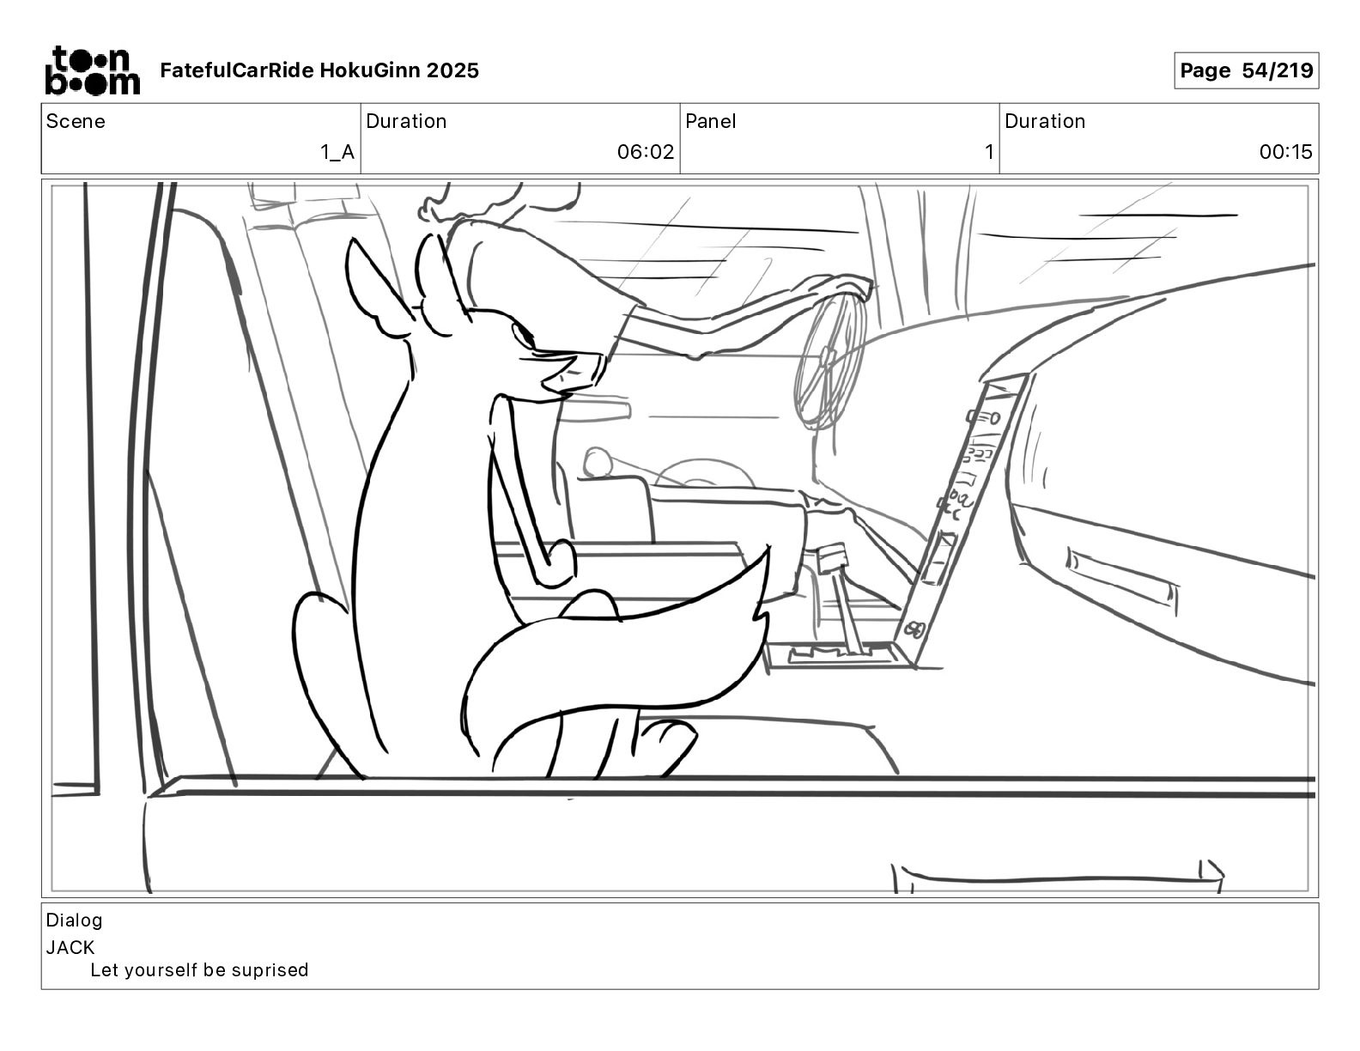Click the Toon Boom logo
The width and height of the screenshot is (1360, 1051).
click(92, 70)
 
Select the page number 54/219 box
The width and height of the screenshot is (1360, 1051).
click(1246, 70)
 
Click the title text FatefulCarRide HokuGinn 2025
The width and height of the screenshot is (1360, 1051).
click(319, 70)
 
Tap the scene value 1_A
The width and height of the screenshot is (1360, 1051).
click(337, 153)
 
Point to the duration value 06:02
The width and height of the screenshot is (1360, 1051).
click(646, 153)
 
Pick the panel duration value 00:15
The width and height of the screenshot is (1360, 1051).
click(1285, 153)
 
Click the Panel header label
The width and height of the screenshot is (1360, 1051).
click(711, 121)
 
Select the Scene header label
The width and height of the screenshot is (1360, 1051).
click(76, 121)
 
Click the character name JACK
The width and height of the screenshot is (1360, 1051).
click(70, 948)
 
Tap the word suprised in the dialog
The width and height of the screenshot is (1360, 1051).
click(270, 970)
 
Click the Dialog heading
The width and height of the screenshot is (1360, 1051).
click(74, 920)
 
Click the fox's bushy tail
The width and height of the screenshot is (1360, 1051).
click(618, 653)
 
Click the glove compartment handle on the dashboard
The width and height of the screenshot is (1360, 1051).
click(1122, 576)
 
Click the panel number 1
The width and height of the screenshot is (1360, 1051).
click(988, 153)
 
